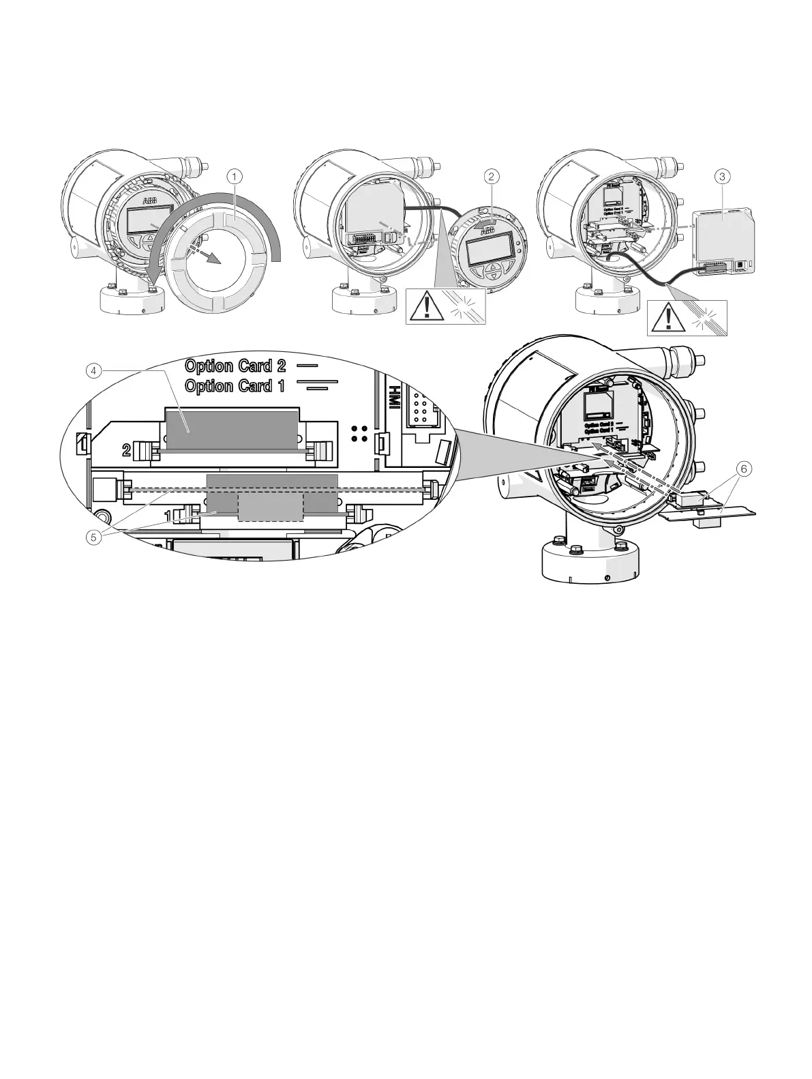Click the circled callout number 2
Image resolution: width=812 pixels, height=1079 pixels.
coord(490,176)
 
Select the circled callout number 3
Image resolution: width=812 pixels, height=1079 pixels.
coord(724,176)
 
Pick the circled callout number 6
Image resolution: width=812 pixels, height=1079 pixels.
coord(745,469)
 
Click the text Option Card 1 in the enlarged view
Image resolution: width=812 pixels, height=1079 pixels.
coord(235,386)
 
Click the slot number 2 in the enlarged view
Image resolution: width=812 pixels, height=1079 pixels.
coord(126,449)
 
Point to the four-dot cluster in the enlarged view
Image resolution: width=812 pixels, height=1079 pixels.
coord(362,433)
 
